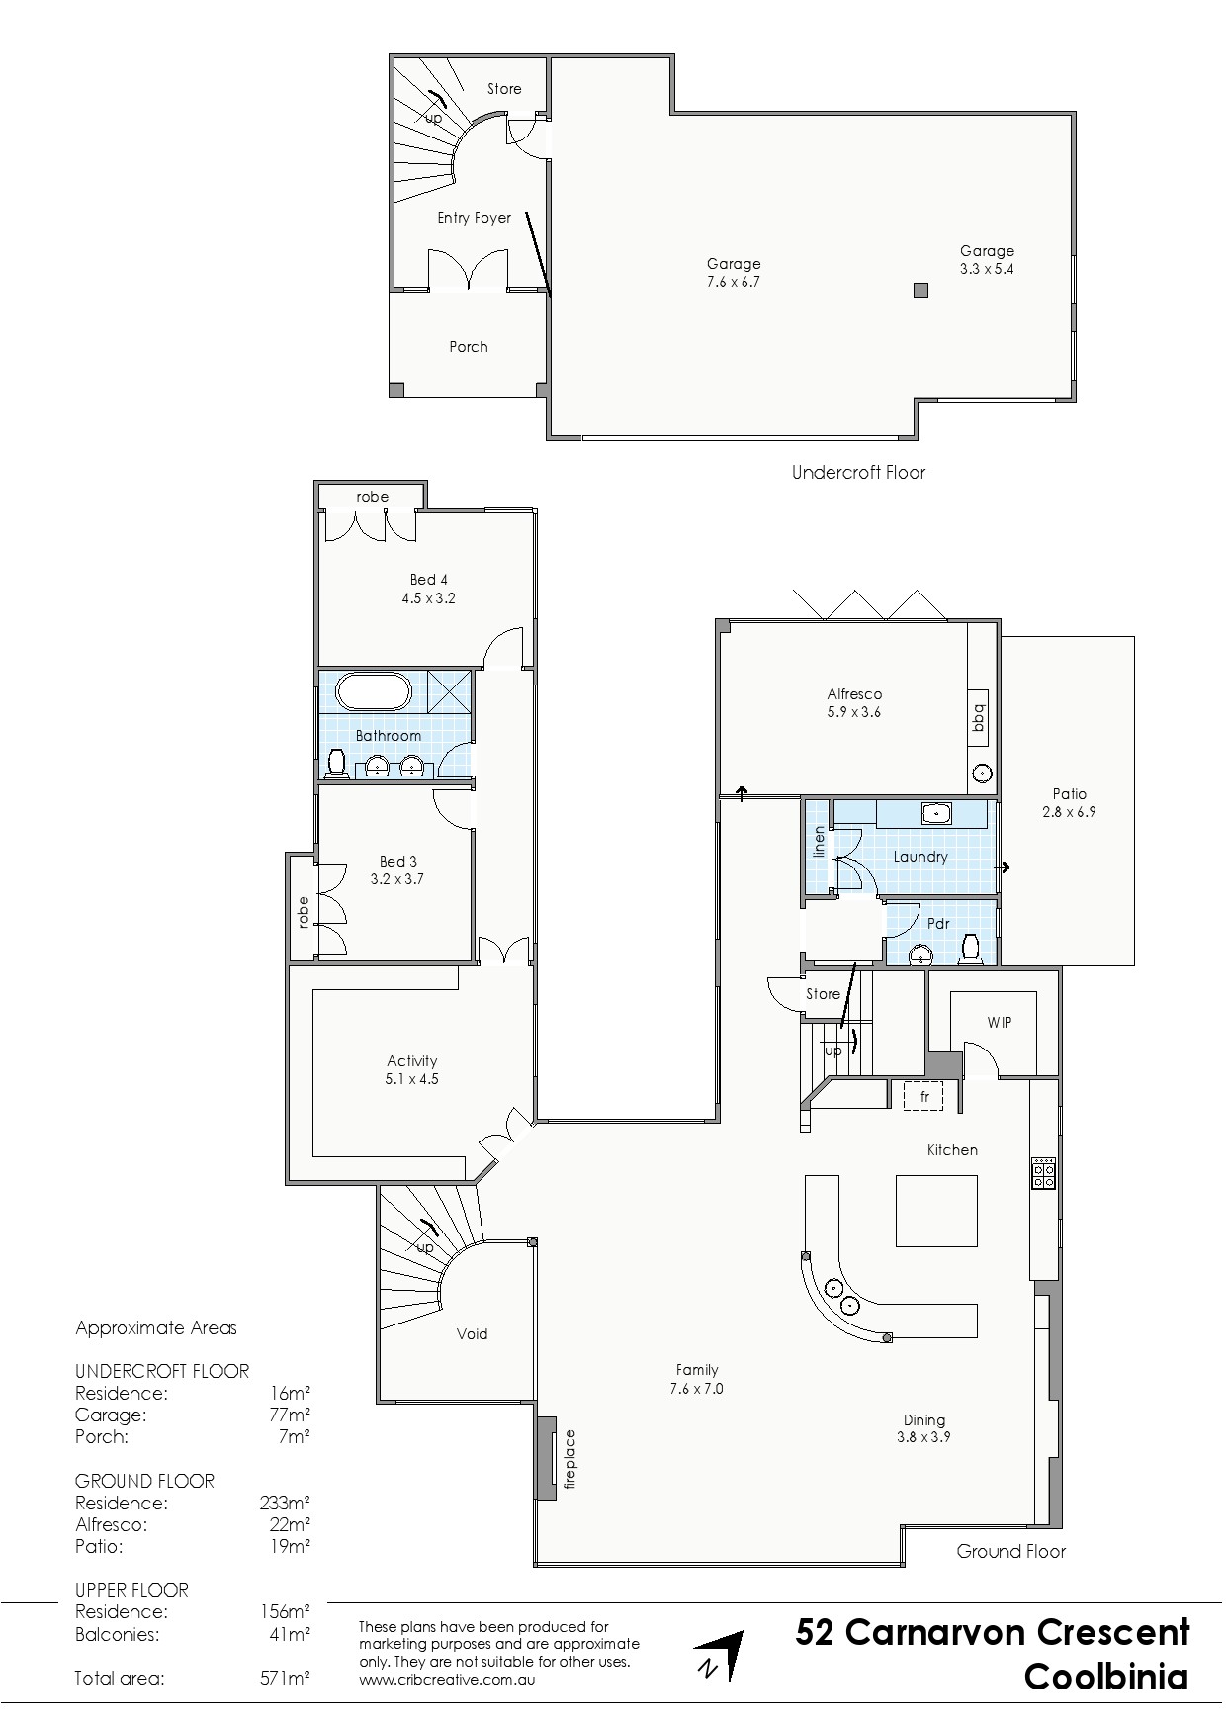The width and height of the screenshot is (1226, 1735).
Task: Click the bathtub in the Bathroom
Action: coord(373,690)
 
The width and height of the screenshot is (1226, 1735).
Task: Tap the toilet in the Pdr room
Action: coord(970,948)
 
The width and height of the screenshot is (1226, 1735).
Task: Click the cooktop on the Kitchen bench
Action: coord(1043,1172)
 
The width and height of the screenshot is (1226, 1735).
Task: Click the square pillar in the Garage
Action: coord(920,290)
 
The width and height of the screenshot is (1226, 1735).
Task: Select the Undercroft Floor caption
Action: coord(858,473)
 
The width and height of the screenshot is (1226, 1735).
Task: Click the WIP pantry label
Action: coord(1000,1022)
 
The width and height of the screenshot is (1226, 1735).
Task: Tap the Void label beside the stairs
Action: coord(472,1333)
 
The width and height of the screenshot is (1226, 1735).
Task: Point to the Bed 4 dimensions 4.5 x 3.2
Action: coord(428,598)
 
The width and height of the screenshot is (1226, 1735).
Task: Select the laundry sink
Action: coord(935,813)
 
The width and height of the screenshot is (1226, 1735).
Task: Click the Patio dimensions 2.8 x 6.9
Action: coord(1069,812)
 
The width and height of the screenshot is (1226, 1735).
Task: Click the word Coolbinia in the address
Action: coord(1106,1678)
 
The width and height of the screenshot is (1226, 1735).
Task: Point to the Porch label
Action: coord(469,347)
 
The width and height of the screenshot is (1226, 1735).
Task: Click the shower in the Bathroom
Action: coord(449,690)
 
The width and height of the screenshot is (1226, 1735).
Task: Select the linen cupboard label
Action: coord(818,841)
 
